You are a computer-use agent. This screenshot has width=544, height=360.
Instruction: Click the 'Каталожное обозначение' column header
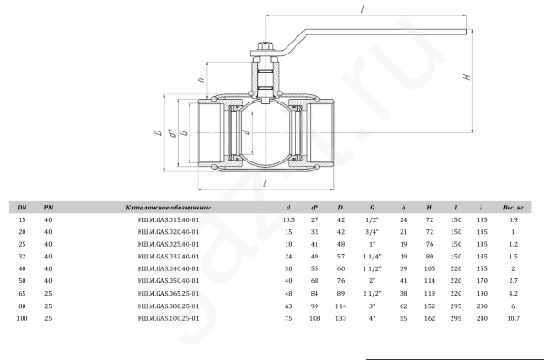[169, 208]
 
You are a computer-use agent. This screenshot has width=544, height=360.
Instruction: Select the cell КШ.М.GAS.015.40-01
[169, 219]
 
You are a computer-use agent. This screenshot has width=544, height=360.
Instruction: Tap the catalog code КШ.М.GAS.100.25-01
[169, 318]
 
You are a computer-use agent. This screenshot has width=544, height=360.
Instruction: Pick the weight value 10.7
[513, 318]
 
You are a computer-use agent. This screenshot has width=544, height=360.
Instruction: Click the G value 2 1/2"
[373, 293]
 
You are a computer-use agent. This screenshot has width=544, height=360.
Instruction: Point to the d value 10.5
[288, 219]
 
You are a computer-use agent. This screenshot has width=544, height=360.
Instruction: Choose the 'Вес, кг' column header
[513, 208]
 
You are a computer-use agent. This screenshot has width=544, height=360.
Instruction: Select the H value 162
[430, 318]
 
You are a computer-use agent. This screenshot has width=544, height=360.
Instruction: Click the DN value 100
[22, 318]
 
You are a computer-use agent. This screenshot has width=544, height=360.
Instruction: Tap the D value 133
[340, 318]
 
